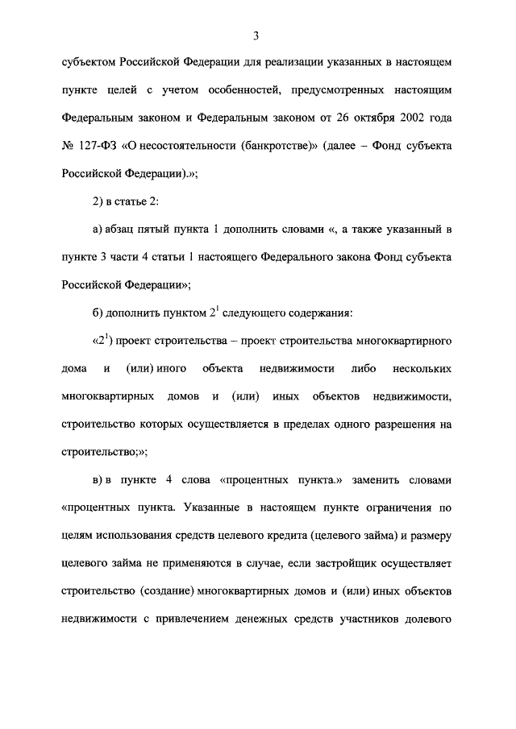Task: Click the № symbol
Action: point(68,146)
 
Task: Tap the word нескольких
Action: point(422,368)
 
